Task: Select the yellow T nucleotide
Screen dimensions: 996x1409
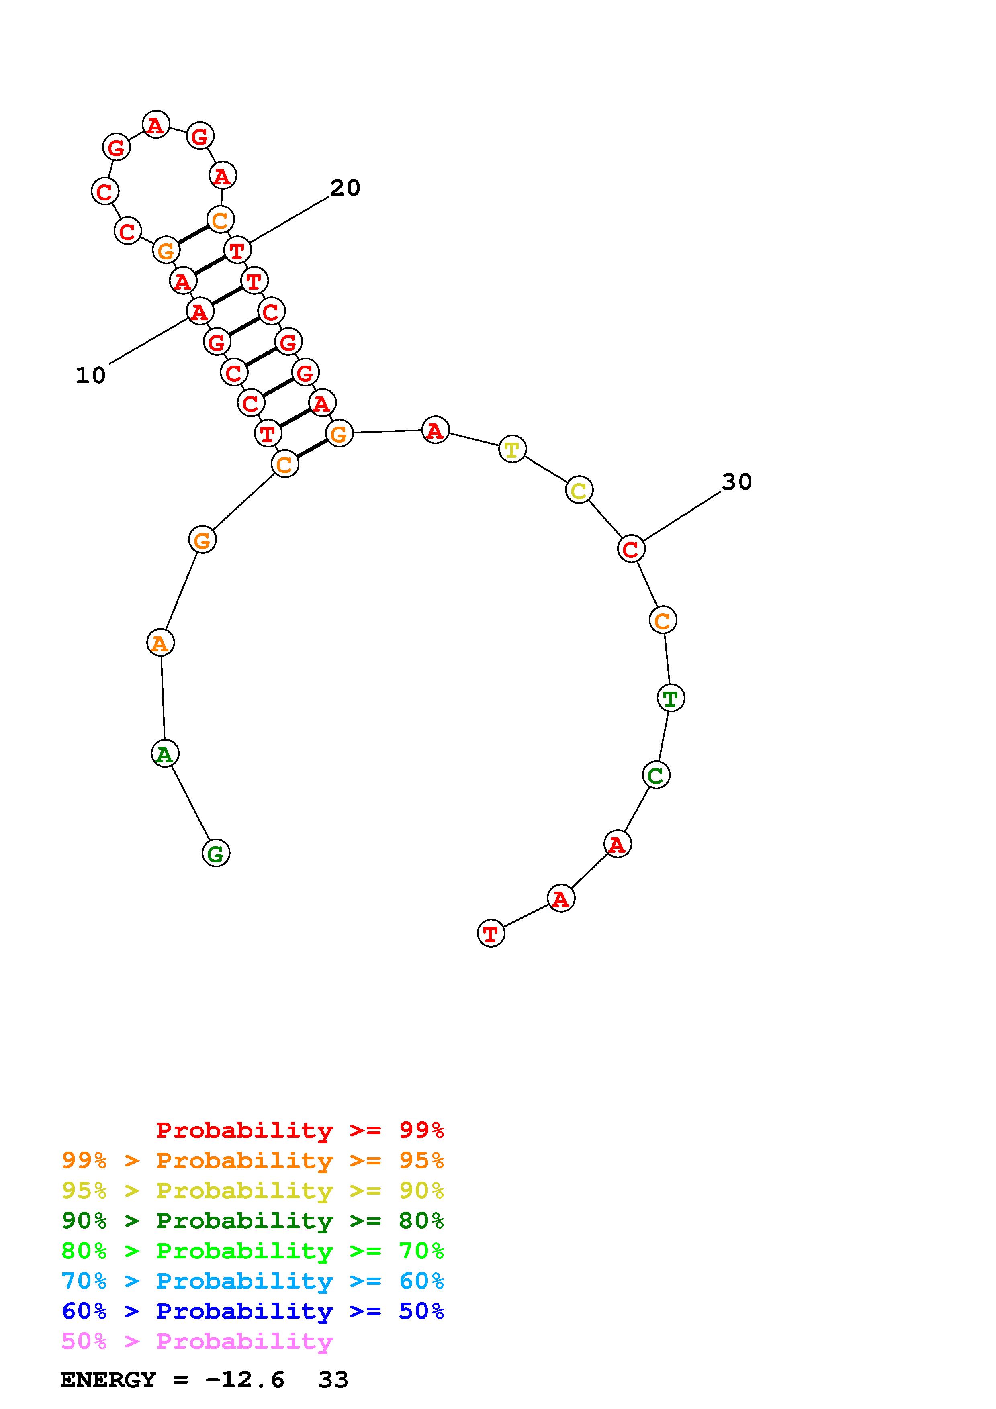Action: point(512,449)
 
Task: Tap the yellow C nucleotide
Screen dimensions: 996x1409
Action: point(579,490)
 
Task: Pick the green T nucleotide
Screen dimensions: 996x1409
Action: point(670,698)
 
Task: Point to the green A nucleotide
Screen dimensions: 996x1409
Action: point(164,754)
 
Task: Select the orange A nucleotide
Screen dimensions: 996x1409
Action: point(160,643)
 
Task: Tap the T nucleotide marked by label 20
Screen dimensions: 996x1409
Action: point(237,250)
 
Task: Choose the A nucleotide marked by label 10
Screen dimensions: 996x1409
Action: point(199,312)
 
